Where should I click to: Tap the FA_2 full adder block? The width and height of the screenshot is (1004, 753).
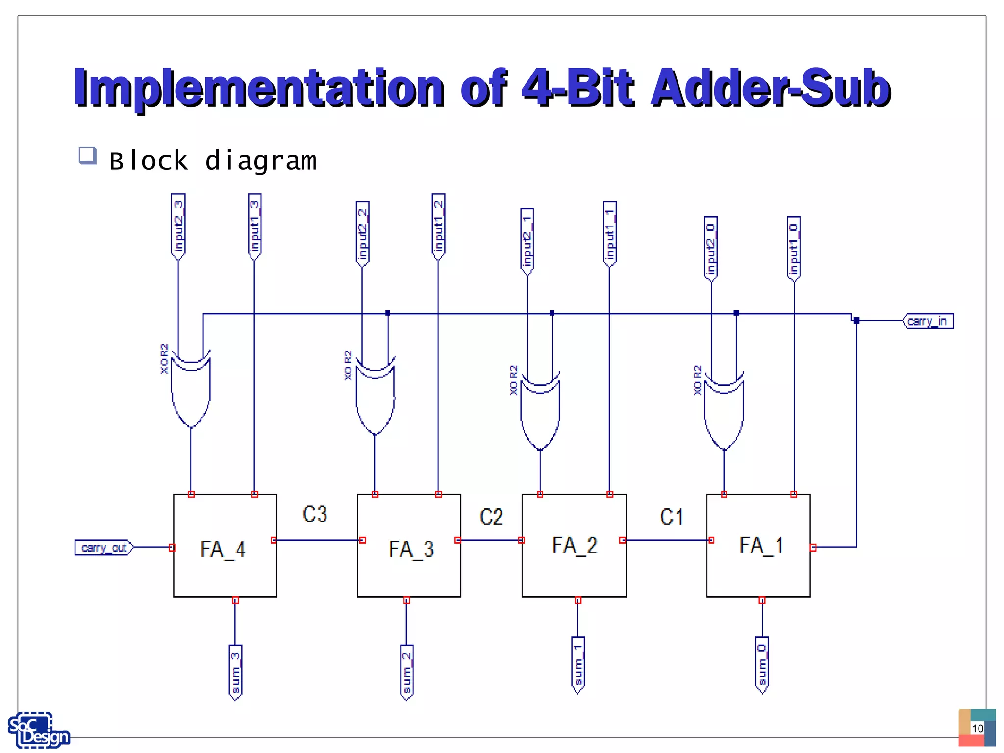574,546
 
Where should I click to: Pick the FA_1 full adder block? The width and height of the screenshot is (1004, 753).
758,546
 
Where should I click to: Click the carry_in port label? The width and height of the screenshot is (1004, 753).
928,321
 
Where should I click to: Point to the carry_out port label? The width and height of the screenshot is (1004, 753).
104,547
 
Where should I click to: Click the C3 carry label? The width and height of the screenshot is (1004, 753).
315,514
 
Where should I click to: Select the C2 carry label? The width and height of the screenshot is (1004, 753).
491,517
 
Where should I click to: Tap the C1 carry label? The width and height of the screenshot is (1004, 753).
672,517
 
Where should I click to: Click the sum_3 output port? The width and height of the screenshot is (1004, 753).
236,672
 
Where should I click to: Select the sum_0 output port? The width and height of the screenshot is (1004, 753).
762,665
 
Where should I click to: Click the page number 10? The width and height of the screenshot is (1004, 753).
978,728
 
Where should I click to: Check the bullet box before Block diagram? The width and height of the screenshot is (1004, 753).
88,155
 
